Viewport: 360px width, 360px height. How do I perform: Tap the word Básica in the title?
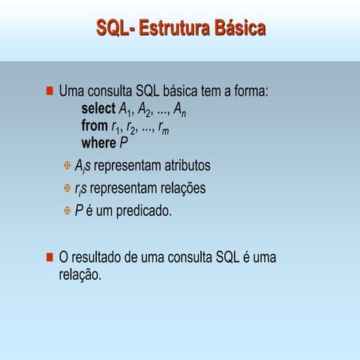pyautogui.click(x=239, y=29)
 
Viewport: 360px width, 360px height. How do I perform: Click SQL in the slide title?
pyautogui.click(x=112, y=29)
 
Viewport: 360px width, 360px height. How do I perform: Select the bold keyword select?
pyautogui.click(x=97, y=109)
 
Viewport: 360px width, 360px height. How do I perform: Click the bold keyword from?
pyautogui.click(x=94, y=126)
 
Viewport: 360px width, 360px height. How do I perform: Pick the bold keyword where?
pyautogui.click(x=98, y=142)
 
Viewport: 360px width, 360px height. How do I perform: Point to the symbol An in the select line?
pyautogui.click(x=179, y=111)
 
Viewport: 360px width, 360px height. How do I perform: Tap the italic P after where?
pyautogui.click(x=124, y=142)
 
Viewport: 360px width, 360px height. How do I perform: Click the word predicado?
pyautogui.click(x=143, y=211)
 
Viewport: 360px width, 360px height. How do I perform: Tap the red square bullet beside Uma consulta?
pyautogui.click(x=49, y=91)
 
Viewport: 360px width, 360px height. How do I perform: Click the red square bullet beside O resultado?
pyautogui.click(x=49, y=258)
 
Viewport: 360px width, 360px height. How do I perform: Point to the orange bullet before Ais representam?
pyautogui.click(x=67, y=165)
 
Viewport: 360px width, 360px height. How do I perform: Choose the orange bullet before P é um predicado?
pyautogui.click(x=67, y=211)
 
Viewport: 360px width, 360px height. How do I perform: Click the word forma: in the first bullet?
pyautogui.click(x=247, y=91)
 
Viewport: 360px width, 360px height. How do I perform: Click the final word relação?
pyautogui.click(x=79, y=275)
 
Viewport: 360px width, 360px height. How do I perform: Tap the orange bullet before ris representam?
pyautogui.click(x=67, y=188)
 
